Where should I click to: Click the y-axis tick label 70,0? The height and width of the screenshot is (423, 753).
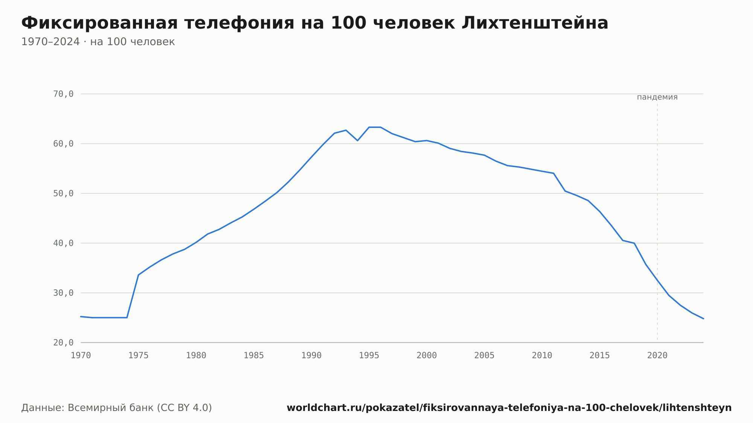(63, 94)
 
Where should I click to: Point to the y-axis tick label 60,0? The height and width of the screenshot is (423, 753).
(63, 144)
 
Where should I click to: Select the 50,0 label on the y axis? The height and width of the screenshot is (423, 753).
(63, 193)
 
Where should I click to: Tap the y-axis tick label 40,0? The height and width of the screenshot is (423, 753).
(63, 243)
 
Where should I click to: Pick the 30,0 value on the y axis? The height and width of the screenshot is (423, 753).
(63, 293)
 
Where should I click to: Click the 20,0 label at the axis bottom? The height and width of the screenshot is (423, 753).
(63, 342)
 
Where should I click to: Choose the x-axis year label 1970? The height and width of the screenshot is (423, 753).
(81, 356)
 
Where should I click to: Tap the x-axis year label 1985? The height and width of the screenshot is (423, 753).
(254, 356)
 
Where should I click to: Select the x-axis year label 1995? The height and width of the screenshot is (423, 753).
(369, 356)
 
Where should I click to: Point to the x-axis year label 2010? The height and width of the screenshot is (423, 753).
(542, 356)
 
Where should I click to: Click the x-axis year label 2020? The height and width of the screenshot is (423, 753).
(657, 356)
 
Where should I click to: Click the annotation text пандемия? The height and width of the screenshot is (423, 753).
(657, 97)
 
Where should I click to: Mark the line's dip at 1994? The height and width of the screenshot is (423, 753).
(357, 140)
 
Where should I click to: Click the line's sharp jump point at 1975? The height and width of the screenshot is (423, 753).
(139, 275)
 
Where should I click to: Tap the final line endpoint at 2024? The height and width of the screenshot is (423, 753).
(703, 319)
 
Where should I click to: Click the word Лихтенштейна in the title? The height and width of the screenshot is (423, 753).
(535, 23)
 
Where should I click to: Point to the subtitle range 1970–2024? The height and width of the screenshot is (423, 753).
(50, 42)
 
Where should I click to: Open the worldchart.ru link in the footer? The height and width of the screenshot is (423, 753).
(509, 408)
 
